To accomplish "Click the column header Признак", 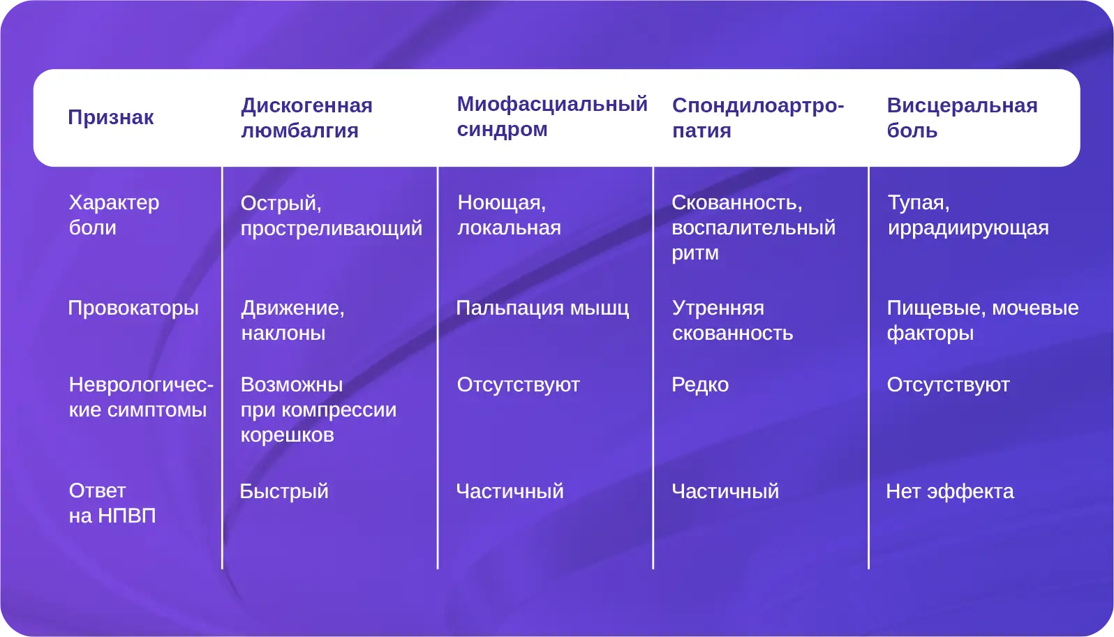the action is click(x=110, y=118).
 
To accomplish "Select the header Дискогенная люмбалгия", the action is click(x=306, y=118).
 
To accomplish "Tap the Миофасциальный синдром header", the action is click(x=552, y=117).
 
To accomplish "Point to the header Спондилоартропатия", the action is click(x=758, y=118).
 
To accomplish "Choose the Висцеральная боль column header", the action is click(x=962, y=118).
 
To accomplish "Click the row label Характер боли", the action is click(x=114, y=215).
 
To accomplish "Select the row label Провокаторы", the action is click(x=133, y=308).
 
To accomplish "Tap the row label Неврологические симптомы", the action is click(x=141, y=397).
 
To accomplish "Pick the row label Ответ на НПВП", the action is click(x=112, y=503).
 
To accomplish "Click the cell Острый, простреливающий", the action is click(x=332, y=216).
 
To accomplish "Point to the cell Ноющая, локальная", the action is click(x=509, y=215).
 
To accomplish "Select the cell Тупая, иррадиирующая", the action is click(x=968, y=215).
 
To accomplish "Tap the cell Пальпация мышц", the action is click(x=542, y=308).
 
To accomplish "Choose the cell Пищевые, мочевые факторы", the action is click(x=983, y=321).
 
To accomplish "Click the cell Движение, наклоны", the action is click(x=292, y=320).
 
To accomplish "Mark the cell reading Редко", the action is click(x=700, y=385).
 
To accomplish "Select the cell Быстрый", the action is click(x=284, y=491).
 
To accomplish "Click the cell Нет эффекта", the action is click(x=950, y=491).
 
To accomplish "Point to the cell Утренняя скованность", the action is click(x=733, y=321).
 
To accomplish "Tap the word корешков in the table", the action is click(x=288, y=435).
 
